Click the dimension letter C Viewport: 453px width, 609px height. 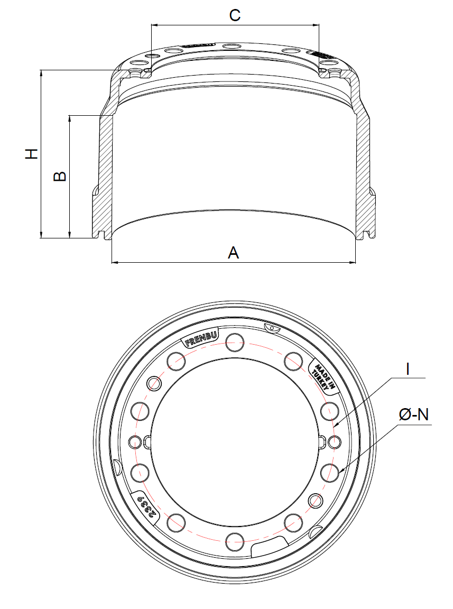coord(235,15)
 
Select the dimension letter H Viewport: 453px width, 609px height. coord(32,153)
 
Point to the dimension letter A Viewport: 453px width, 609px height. coord(233,253)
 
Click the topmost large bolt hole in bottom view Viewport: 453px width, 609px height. coord(234,343)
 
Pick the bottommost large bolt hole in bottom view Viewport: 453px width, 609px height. coord(234,541)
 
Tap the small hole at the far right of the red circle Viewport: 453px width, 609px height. coord(334,441)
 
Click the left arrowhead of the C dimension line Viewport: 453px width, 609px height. coord(154,24)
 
